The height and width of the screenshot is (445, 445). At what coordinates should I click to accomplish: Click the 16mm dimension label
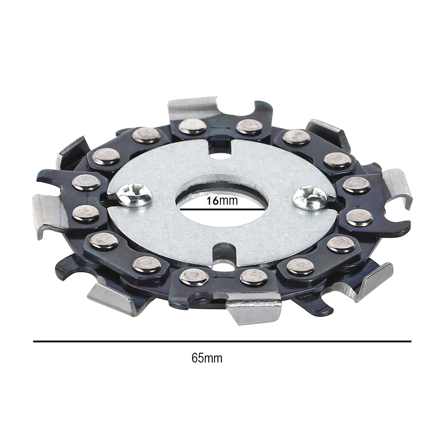222,201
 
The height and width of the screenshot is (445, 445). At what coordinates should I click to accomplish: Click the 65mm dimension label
207,358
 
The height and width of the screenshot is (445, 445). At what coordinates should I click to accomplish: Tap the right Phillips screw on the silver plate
309,198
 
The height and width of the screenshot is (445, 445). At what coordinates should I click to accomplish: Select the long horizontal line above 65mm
222,341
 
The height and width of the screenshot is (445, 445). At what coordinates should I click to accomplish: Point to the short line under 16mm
222,209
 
